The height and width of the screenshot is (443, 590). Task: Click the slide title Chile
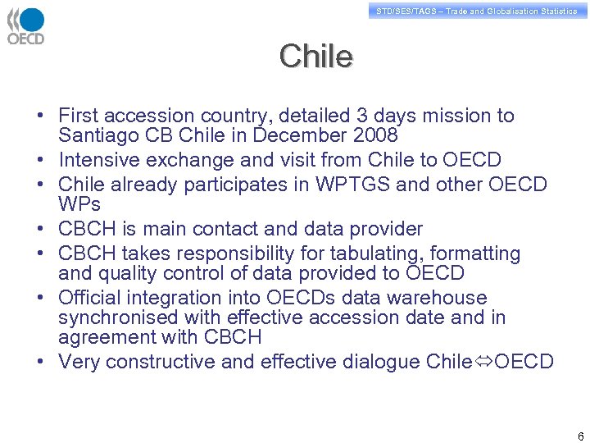(x=315, y=57)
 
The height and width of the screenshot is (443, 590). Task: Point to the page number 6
(x=580, y=436)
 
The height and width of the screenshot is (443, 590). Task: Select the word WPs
(x=79, y=203)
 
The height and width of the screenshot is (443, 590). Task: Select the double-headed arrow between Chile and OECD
(x=483, y=362)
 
